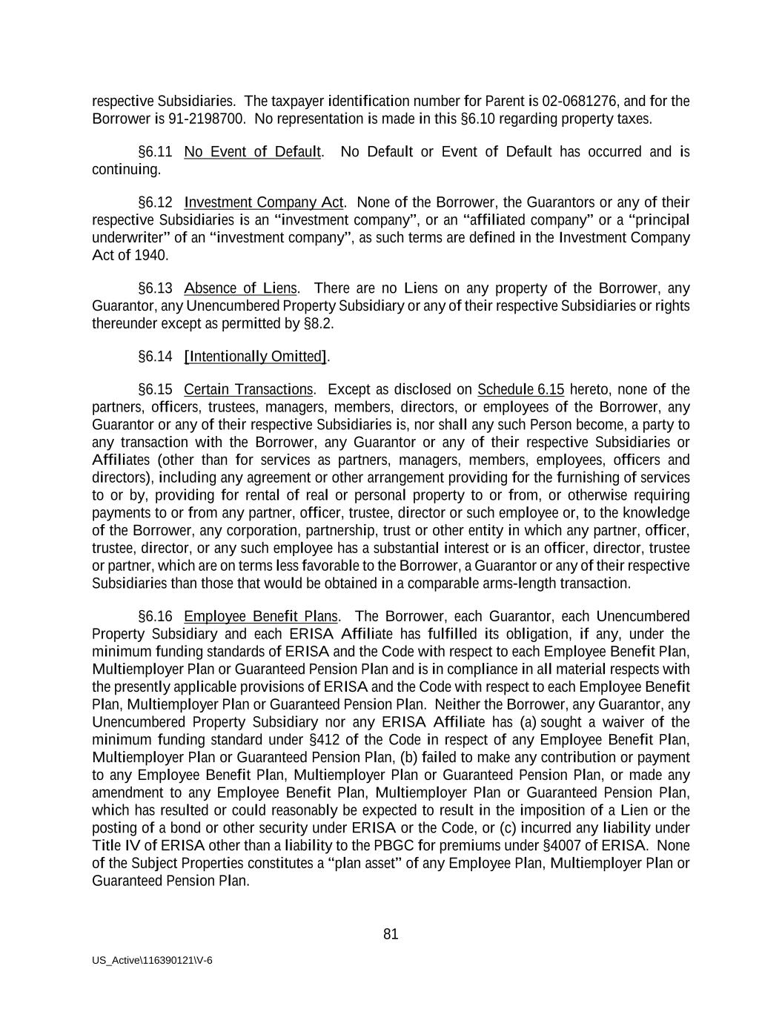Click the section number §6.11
[x=155, y=152]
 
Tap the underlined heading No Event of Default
[x=252, y=152]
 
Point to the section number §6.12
[x=155, y=202]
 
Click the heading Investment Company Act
[x=263, y=202]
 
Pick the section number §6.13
[x=155, y=288]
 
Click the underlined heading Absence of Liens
[x=240, y=288]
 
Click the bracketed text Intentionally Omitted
[x=255, y=357]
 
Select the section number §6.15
[x=155, y=390]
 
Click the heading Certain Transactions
[x=248, y=390]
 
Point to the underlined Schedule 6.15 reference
[x=520, y=390]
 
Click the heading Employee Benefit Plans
[x=261, y=617]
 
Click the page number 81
[x=391, y=934]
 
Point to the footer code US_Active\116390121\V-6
[x=152, y=960]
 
